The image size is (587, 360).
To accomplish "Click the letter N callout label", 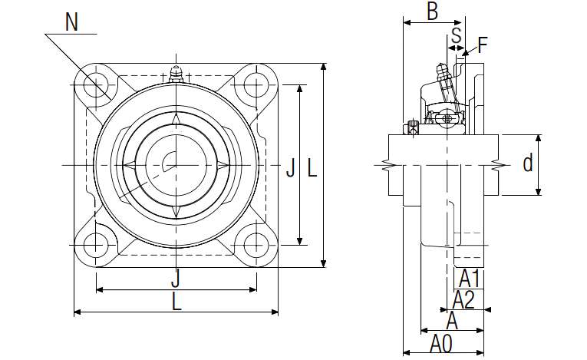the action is click(71, 21).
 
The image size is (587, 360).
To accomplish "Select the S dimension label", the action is click(457, 35).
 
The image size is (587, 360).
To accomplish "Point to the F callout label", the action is click(483, 45).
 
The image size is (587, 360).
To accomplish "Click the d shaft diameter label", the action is click(528, 163).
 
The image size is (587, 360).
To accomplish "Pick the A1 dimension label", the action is click(469, 279).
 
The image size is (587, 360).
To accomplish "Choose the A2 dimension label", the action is click(463, 299).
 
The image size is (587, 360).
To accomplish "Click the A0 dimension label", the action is click(441, 344).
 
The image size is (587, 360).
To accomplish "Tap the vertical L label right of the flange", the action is click(312, 167).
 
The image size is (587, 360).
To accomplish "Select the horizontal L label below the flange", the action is click(176, 301).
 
